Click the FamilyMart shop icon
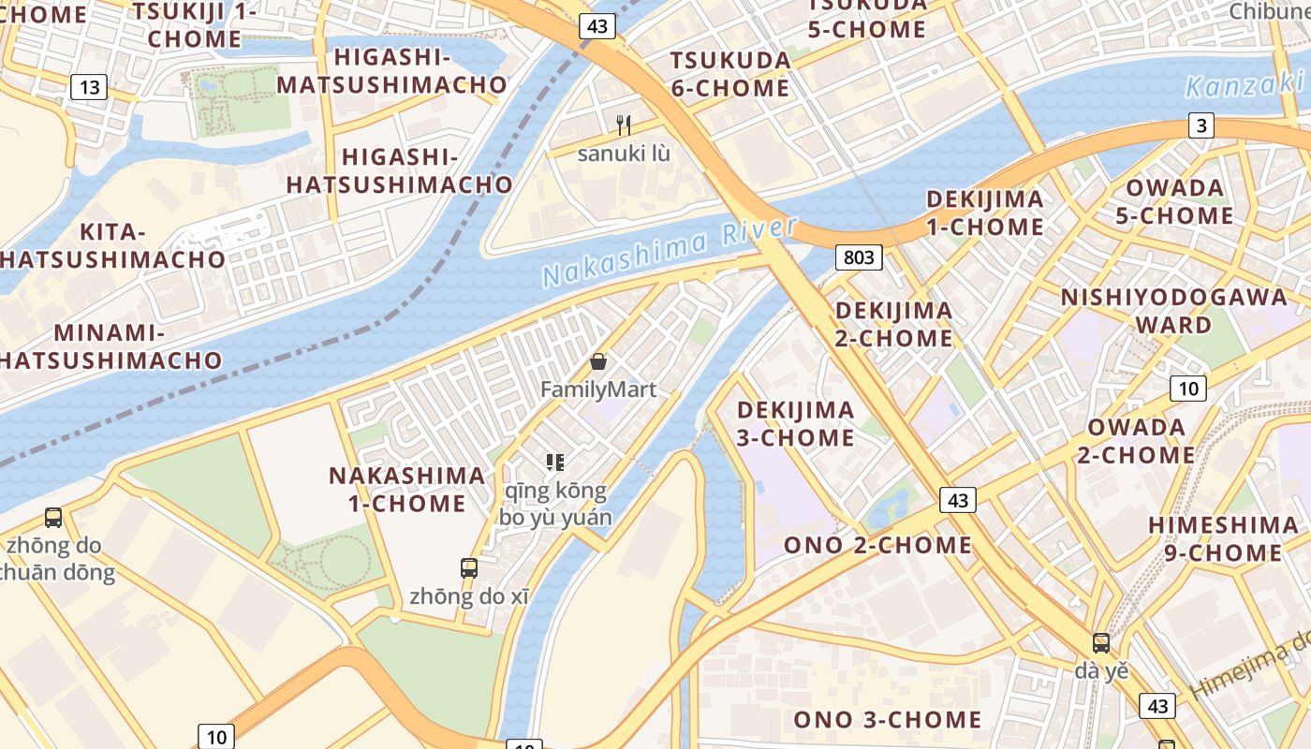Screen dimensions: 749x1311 point(597,361)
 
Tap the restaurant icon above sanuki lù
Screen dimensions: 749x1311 point(624,125)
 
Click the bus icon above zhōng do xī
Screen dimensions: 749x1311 point(469,567)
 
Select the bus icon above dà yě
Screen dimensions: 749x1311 point(1101,643)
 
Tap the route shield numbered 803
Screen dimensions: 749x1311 point(859,257)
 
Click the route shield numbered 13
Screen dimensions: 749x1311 point(89,88)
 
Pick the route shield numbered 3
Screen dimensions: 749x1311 point(1201,125)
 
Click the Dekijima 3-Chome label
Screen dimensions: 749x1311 point(795,423)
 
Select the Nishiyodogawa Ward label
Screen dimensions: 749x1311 point(1173,311)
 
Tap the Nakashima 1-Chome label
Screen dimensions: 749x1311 point(406,489)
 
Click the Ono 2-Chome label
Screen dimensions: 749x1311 point(877,545)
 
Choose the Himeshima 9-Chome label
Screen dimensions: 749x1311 point(1222,538)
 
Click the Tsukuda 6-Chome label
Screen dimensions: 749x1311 point(730,74)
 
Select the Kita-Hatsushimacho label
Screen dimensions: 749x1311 point(112,245)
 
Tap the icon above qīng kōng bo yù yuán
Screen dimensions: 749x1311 point(555,462)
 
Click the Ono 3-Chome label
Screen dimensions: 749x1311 point(888,719)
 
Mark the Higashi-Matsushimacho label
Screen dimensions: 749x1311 point(391,71)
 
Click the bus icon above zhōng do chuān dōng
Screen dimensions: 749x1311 point(53,517)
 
